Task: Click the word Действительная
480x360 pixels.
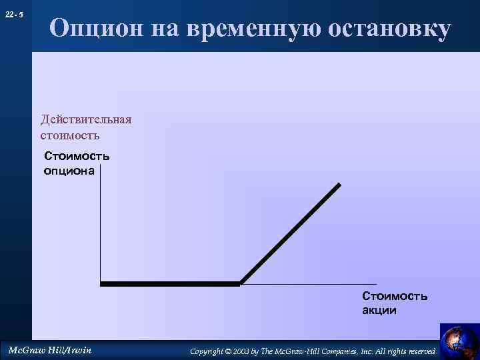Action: (x=86, y=119)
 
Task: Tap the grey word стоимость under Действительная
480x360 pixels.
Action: (x=70, y=135)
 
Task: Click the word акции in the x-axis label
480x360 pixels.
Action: (x=379, y=310)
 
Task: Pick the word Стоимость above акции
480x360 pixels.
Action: (x=395, y=295)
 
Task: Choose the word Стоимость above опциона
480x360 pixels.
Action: (x=77, y=157)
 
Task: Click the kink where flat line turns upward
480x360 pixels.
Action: (x=240, y=283)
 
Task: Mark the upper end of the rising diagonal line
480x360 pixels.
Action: (x=339, y=184)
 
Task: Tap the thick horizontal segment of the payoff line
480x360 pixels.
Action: (x=170, y=284)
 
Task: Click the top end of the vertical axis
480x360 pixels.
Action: (x=100, y=174)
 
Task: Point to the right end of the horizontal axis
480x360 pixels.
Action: (x=376, y=284)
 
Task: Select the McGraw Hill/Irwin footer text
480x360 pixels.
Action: (x=49, y=349)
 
